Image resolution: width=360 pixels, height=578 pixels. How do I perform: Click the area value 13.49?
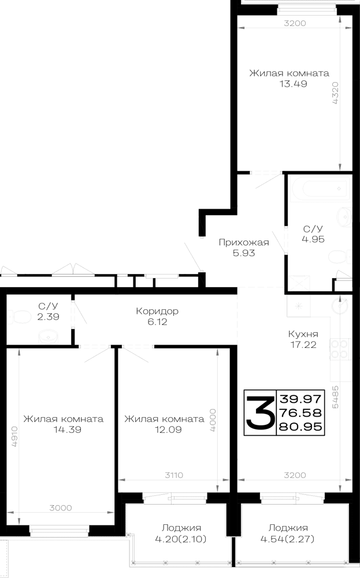click(x=293, y=84)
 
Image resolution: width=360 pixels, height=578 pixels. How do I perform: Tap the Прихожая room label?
click(x=243, y=242)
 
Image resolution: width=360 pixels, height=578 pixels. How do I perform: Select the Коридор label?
click(x=157, y=311)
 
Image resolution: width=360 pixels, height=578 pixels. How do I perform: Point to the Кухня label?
click(x=303, y=334)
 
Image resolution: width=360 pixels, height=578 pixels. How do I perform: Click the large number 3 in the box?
click(x=260, y=413)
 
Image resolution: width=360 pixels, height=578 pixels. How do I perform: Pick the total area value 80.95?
click(x=300, y=427)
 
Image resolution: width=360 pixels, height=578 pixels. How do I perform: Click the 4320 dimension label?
click(x=335, y=93)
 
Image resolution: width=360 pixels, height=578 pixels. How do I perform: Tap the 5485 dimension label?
click(x=335, y=397)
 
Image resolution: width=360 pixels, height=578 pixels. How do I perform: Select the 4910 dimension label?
click(x=14, y=436)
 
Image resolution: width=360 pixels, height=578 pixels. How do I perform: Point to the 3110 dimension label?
click(x=173, y=475)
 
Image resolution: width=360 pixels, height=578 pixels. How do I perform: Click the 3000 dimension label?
click(x=61, y=508)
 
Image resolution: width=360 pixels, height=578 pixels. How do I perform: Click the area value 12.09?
click(x=168, y=429)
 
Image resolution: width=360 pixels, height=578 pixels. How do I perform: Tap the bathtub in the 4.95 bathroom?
click(x=319, y=189)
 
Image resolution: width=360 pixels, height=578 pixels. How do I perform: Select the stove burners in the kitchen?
click(x=339, y=349)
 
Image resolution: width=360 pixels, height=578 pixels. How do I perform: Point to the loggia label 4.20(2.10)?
click(x=180, y=539)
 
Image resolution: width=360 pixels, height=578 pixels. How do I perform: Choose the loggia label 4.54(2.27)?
click(x=288, y=539)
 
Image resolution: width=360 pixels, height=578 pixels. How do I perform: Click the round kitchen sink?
click(x=339, y=306)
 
